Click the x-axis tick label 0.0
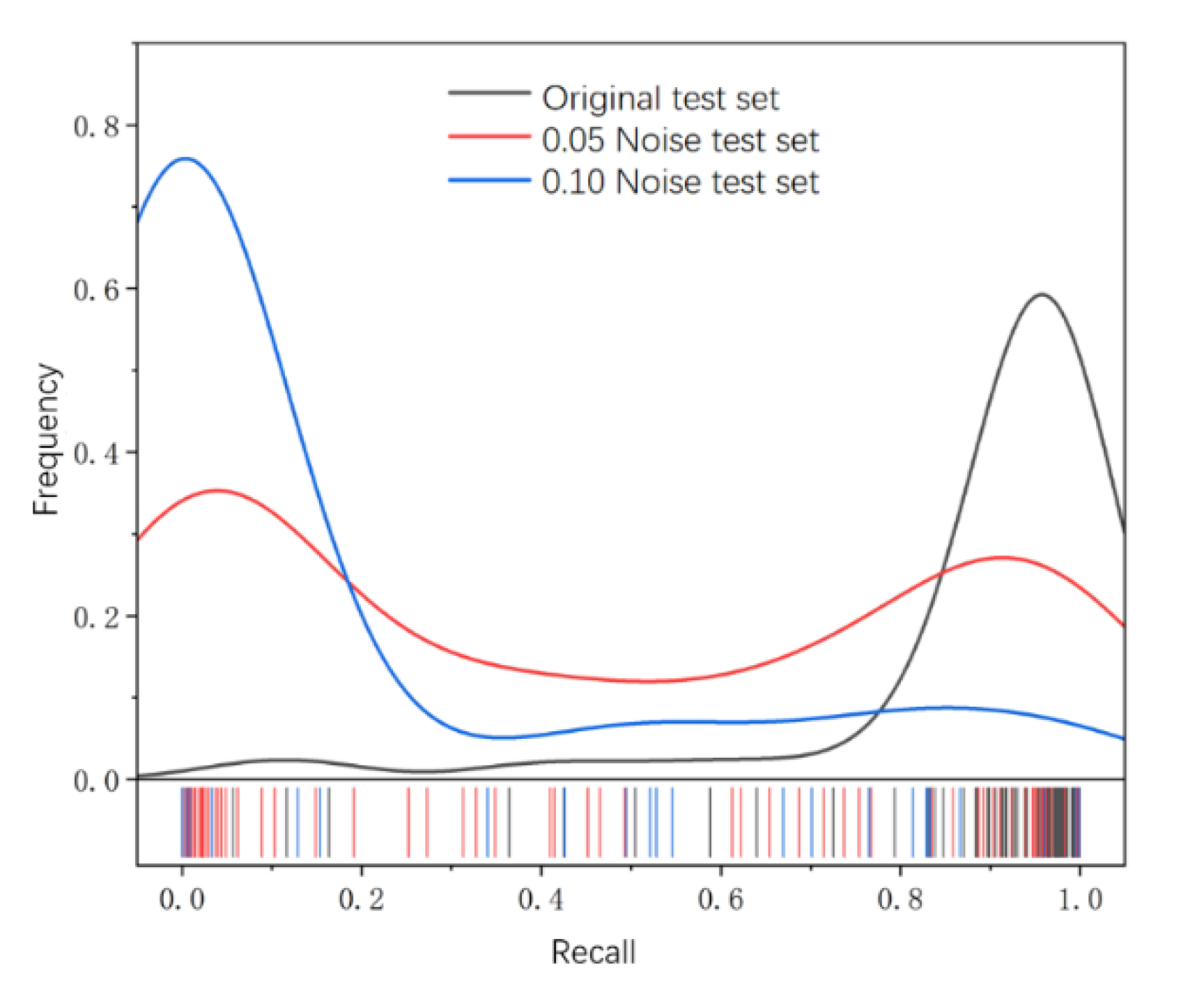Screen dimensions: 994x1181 182,900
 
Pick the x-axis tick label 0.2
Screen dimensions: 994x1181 362,900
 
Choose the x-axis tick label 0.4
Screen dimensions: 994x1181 541,900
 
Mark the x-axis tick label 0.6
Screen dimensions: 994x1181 720,900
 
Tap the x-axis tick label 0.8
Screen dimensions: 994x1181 900,900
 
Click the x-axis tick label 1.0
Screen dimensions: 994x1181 1080,900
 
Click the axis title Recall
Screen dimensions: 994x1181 593,952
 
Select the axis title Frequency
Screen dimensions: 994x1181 47,439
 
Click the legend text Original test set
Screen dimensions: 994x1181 660,98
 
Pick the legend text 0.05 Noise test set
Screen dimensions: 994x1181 680,140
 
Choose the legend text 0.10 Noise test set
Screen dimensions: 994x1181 680,182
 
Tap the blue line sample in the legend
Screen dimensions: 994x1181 489,181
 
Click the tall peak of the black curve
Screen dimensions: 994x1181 1042,294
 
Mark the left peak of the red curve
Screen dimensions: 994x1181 218,491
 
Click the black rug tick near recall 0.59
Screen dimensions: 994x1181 710,823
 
